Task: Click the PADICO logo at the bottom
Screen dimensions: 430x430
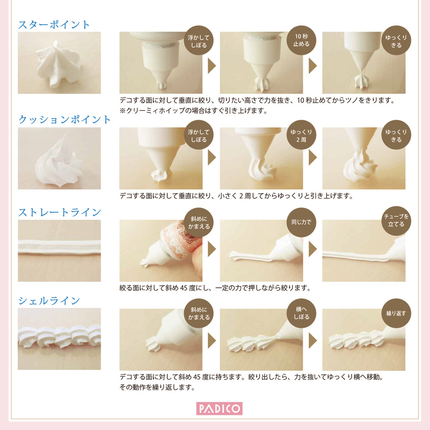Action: (x=219, y=409)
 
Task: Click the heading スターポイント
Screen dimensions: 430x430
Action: (x=54, y=25)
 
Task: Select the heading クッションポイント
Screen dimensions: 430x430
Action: (x=64, y=120)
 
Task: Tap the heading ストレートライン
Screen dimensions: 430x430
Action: (x=60, y=212)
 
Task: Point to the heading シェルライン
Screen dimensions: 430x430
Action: (x=49, y=301)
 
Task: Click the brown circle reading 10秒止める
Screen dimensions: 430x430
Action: (x=301, y=40)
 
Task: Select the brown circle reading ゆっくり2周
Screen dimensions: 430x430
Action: (x=301, y=135)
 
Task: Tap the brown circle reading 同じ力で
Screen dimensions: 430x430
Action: (x=301, y=222)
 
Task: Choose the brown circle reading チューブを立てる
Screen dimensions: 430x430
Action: (x=396, y=221)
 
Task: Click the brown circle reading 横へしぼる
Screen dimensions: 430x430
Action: (x=301, y=313)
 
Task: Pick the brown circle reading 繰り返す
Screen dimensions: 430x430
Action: (x=396, y=313)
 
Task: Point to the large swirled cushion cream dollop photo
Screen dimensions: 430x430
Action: (x=59, y=158)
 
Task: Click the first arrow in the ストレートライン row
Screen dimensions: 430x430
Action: (x=212, y=249)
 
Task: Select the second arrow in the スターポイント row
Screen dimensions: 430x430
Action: (x=313, y=66)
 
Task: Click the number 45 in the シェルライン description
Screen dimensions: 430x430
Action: (x=197, y=377)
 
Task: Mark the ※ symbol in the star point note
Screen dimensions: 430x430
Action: (x=122, y=111)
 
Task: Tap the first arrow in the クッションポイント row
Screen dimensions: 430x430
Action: (x=212, y=157)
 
